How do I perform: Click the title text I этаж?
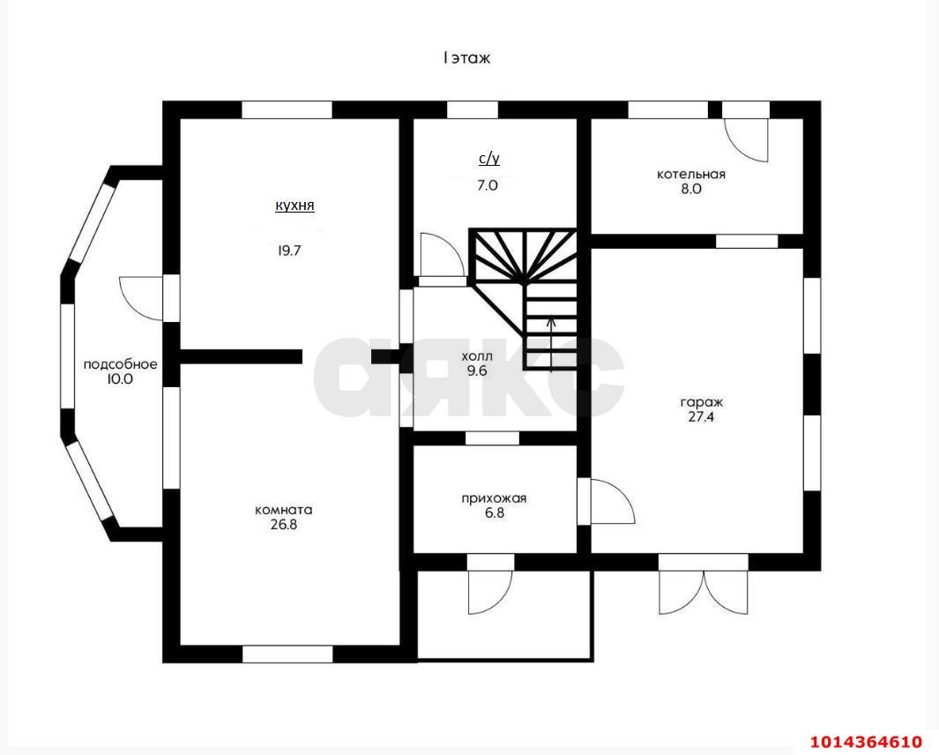(466, 58)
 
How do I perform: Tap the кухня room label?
(294, 206)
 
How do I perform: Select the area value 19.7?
(288, 250)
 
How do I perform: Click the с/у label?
(488, 159)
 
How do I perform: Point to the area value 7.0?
(488, 185)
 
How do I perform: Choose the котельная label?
(691, 175)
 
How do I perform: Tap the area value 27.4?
(701, 417)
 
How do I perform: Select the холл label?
(477, 356)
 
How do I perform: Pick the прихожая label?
(494, 498)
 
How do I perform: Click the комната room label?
(284, 511)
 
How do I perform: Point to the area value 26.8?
(284, 525)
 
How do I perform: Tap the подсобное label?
(120, 364)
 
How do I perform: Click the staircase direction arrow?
(552, 345)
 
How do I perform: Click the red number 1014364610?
(866, 742)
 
